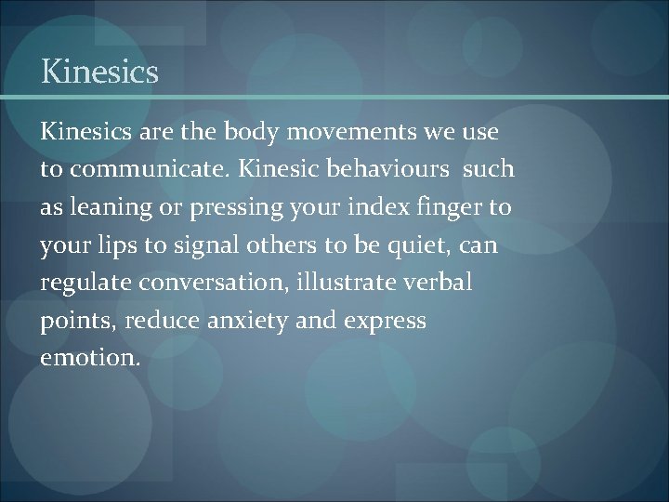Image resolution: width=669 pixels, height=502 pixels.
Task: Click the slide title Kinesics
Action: point(99,73)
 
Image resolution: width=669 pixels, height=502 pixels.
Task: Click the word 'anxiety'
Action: point(249,322)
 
